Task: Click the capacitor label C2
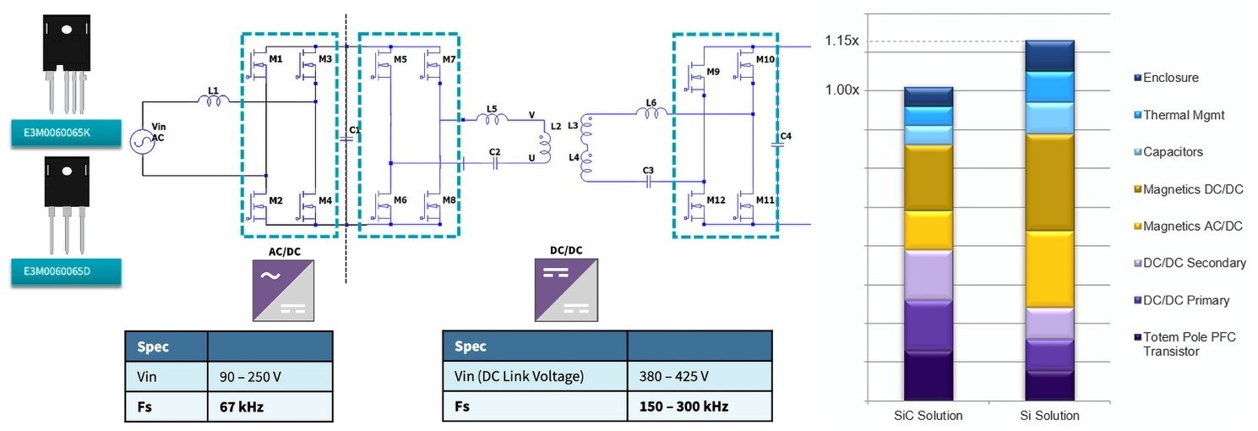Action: pos(494,152)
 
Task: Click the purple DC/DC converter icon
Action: pos(564,290)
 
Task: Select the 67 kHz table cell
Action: pos(270,406)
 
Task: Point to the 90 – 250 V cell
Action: pos(270,376)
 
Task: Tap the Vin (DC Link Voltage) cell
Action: pos(535,376)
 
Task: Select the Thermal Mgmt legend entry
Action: pos(1182,115)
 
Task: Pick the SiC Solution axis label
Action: pos(928,416)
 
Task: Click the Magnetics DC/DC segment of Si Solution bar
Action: pos(1048,183)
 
